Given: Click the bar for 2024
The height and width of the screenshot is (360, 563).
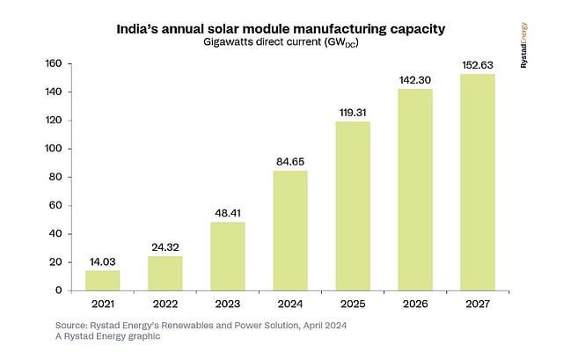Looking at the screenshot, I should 290,230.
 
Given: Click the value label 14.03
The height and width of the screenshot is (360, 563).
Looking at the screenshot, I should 102,261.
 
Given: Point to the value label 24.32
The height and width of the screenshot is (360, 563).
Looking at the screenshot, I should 165,246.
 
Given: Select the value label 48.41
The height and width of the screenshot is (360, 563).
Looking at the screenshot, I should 227,212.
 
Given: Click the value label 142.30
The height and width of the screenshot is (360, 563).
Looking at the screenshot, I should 415,79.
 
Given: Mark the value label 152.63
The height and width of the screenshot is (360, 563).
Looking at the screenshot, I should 478,64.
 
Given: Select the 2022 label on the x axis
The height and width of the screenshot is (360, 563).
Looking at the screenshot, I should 165,305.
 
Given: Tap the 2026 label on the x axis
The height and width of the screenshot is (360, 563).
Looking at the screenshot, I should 415,305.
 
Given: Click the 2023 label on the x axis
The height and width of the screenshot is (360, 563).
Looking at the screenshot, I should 227,305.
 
